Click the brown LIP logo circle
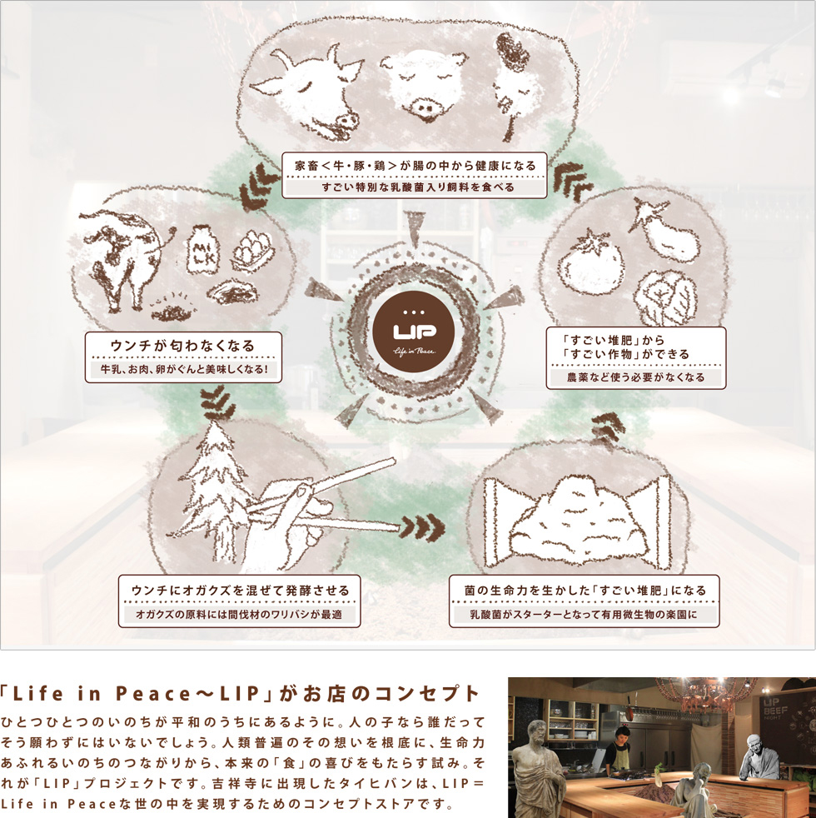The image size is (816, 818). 414,328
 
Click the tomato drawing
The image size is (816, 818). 590,263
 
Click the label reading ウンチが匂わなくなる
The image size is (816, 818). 183,345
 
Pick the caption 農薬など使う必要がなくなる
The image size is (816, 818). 635,377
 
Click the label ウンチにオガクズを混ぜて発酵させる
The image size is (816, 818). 240,590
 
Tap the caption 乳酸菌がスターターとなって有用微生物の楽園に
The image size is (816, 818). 584,616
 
